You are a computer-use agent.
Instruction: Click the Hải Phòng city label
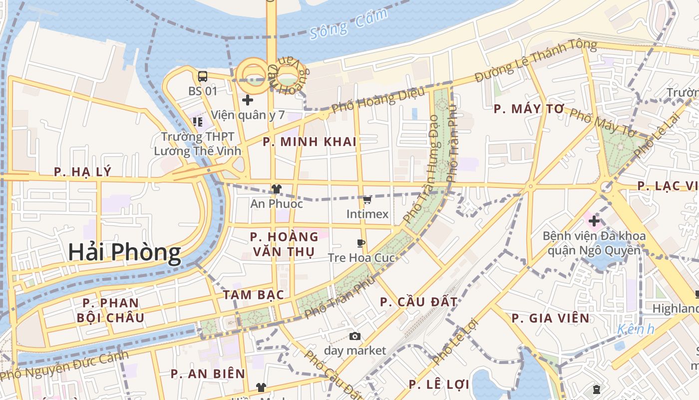pos(124,252)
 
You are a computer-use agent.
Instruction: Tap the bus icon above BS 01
pos(203,76)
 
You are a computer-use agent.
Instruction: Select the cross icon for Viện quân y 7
pos(247,100)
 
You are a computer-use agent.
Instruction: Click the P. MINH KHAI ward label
pos(310,142)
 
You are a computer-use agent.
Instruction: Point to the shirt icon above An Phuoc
pos(276,189)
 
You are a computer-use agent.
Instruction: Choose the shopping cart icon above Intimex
pos(367,200)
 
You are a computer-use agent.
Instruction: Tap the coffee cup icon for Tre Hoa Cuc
pos(361,243)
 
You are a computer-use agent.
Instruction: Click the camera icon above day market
pos(355,336)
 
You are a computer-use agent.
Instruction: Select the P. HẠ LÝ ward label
pos(83,172)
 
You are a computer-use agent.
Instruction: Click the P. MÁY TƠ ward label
pos(529,109)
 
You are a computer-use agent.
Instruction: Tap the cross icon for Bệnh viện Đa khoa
pos(594,220)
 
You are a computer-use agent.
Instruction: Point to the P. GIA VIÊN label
pos(550,318)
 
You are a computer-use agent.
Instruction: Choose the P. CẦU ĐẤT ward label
pos(418,302)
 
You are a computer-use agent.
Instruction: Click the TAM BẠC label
pos(253,294)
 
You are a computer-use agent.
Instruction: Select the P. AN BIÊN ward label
pos(208,374)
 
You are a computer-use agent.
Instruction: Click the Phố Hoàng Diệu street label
pos(378,100)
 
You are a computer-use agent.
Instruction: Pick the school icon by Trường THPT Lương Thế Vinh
pos(198,121)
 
